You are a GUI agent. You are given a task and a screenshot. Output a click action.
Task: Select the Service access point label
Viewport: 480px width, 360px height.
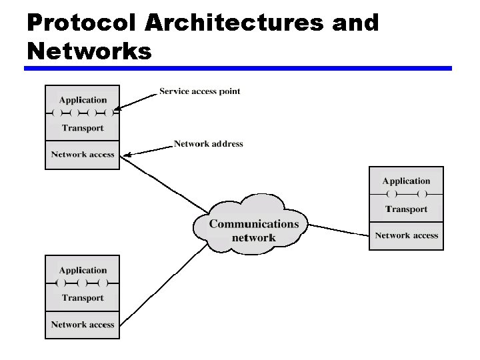point(199,91)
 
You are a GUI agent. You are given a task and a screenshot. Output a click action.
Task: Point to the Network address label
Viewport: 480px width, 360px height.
point(208,143)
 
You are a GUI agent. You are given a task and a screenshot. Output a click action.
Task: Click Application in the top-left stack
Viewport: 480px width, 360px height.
point(83,100)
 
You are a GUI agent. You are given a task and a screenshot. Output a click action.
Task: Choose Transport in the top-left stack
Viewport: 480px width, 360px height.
point(83,128)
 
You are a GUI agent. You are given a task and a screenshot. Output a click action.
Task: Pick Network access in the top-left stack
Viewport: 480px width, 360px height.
point(83,155)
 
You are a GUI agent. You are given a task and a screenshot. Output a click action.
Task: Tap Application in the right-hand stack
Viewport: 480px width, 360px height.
point(406,181)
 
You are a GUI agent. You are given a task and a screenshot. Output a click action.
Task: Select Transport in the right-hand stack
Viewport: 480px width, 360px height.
point(406,209)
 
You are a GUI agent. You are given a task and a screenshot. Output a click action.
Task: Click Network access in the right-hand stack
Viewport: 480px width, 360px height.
point(406,235)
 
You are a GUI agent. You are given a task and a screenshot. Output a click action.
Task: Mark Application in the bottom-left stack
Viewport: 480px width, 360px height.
point(83,270)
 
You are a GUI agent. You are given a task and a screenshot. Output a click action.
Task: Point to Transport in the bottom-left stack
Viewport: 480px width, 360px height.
point(83,298)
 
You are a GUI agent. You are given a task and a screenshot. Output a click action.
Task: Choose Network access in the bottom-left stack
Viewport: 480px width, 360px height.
point(83,325)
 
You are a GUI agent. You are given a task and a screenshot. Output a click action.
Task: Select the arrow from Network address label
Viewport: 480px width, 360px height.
point(148,149)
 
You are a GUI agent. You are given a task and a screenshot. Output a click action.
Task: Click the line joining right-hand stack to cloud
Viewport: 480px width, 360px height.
point(339,230)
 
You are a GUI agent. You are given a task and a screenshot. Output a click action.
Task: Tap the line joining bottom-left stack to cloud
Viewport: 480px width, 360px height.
point(163,281)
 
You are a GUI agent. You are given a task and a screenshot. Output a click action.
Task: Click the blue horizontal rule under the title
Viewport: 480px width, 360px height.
point(238,68)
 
